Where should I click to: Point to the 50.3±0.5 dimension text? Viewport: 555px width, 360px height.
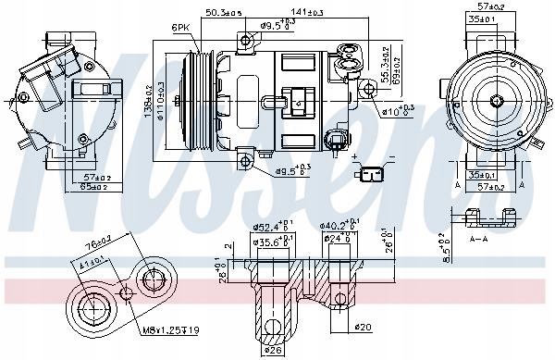click(x=223, y=12)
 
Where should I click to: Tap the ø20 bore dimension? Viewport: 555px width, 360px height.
click(x=362, y=327)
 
